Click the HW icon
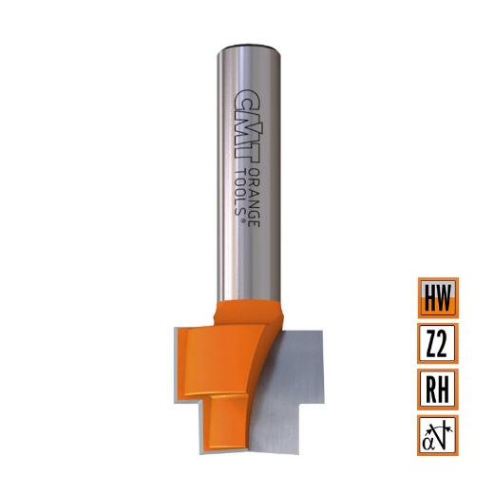pos(438,297)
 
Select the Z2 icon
pos(438,343)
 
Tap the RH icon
pos(438,389)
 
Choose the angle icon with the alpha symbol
pos(438,434)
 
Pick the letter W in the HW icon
pos(445,297)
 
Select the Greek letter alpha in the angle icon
pos(429,438)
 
